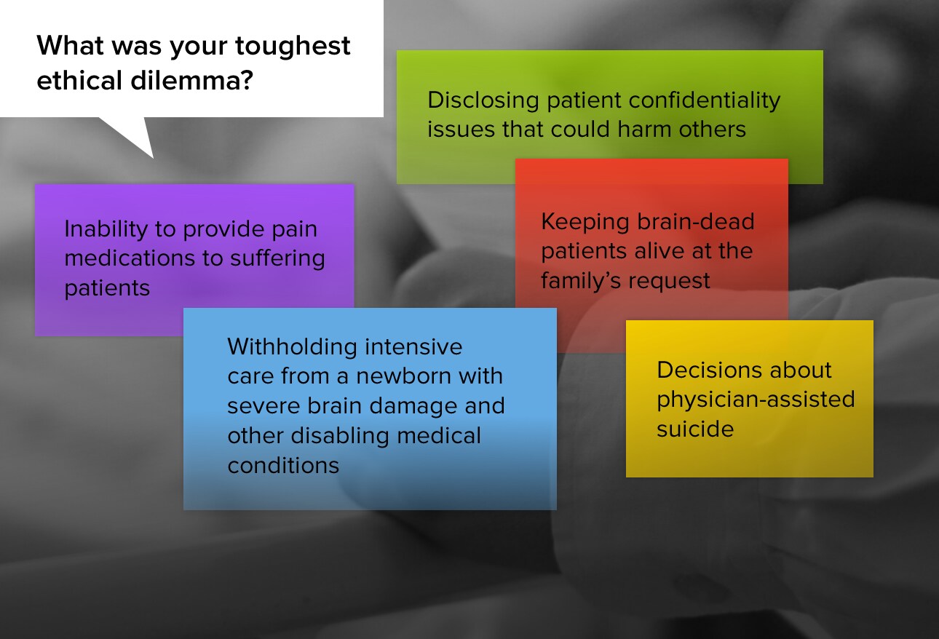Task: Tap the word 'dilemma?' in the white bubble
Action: (x=192, y=80)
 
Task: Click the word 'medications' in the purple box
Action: (x=130, y=258)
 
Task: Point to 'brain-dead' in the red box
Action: (x=695, y=221)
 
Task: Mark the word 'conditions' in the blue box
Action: (x=283, y=466)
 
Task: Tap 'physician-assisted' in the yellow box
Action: (x=756, y=400)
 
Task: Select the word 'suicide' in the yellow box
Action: (x=695, y=429)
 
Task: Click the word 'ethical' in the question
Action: (x=79, y=80)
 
